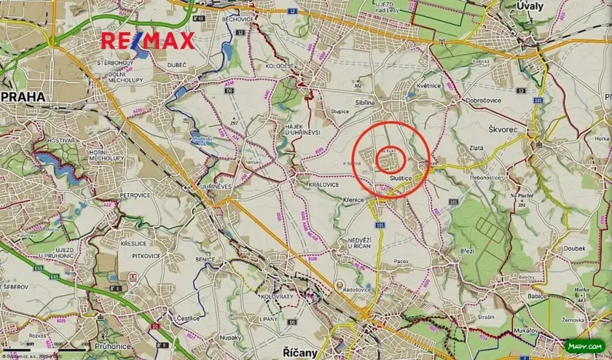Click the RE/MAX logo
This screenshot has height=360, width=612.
(x=148, y=41)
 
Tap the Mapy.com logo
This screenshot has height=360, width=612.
(x=584, y=346)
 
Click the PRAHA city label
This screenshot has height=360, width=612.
(x=25, y=97)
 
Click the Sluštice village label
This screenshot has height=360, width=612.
(x=401, y=178)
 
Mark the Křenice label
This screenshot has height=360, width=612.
(x=352, y=199)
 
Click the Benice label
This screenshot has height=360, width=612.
(x=205, y=260)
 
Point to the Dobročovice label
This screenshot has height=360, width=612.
(x=484, y=100)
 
